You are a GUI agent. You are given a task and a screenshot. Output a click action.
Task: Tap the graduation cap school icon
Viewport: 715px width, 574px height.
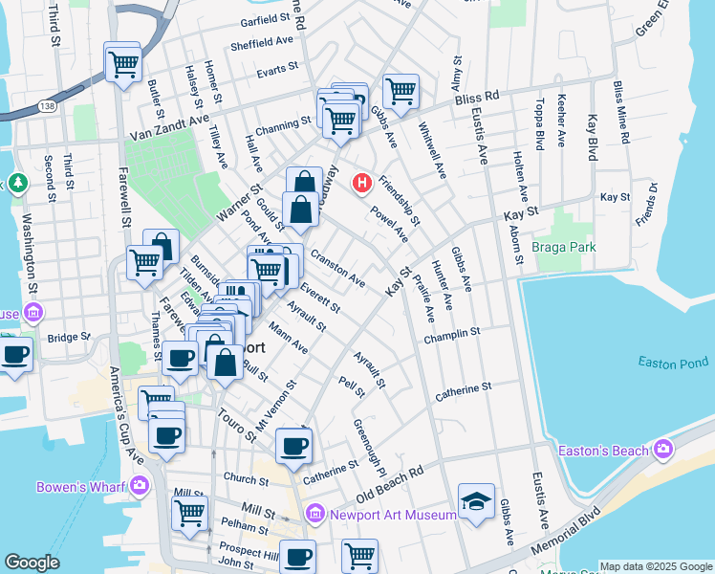coord(476,503)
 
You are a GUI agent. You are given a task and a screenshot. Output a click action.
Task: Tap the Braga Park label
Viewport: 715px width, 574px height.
coord(565,247)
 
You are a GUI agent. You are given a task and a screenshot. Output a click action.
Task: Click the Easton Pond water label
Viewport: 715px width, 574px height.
coord(674,363)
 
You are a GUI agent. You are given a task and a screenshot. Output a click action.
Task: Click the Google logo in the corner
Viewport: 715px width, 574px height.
coord(32,563)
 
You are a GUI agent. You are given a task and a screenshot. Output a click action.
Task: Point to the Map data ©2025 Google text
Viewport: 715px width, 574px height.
coord(655,566)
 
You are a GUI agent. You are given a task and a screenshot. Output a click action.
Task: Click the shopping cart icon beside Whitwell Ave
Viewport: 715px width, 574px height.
coord(401,92)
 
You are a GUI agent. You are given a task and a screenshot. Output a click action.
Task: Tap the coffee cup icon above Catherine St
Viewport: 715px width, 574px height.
coord(293,445)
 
